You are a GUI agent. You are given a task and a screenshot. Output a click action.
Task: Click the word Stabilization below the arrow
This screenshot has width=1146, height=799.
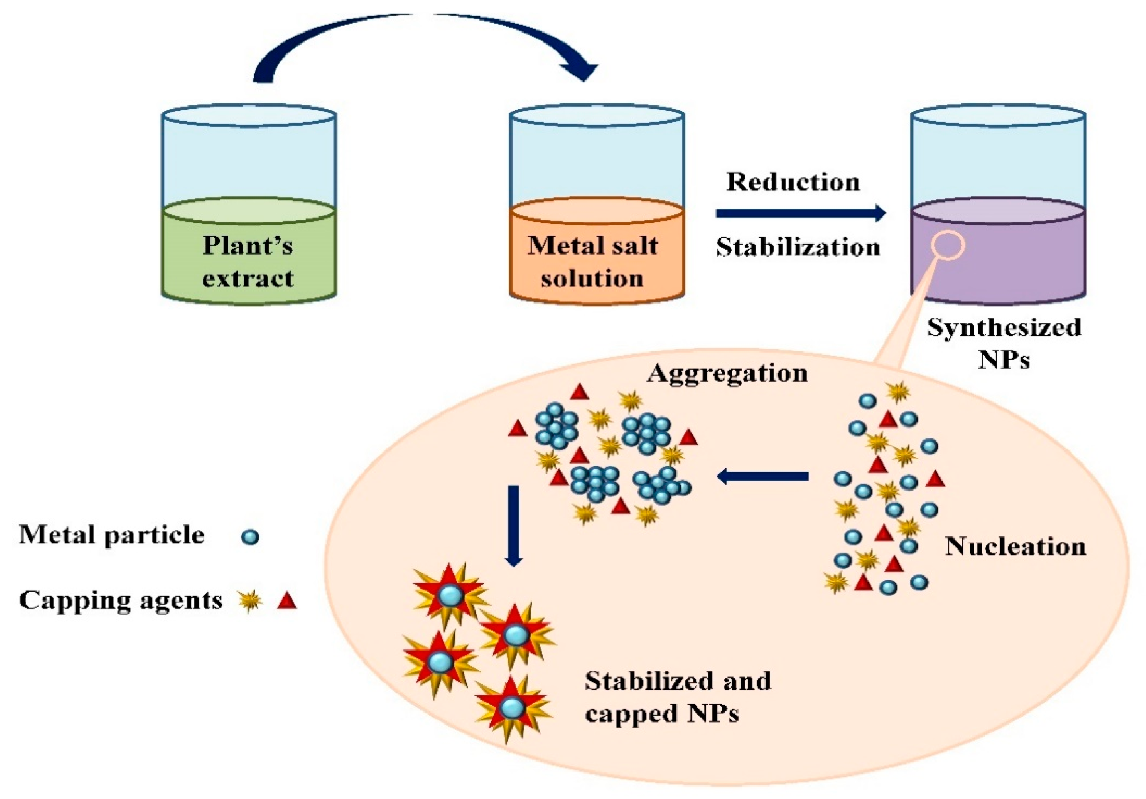click(797, 247)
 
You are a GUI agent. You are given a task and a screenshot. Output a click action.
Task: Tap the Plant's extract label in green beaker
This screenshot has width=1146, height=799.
click(248, 261)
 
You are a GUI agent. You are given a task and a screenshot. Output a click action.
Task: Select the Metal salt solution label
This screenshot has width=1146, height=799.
click(592, 261)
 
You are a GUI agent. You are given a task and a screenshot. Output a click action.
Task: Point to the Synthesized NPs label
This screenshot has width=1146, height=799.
click(1004, 343)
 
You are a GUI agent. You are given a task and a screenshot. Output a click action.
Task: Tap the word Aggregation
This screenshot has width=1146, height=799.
click(727, 374)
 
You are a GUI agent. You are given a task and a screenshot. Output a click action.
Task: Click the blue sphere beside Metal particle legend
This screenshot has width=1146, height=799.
click(250, 537)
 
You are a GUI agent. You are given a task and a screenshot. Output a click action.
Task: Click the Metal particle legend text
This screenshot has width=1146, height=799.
click(112, 535)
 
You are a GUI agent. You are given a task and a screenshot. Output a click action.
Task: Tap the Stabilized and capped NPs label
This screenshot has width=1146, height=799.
click(678, 697)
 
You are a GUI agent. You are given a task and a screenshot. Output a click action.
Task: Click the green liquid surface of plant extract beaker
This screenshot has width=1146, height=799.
click(248, 210)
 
